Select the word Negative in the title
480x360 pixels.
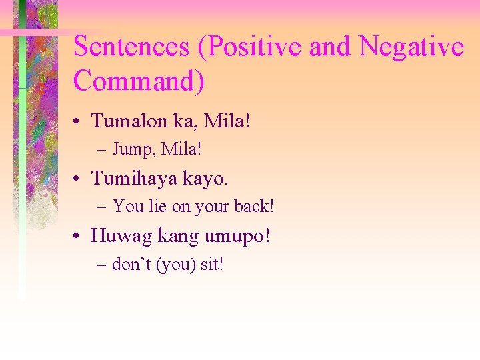click(x=411, y=47)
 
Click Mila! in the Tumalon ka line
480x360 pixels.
click(x=226, y=121)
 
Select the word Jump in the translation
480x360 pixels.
click(x=129, y=149)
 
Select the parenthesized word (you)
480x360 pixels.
click(x=175, y=265)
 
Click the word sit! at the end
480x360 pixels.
click(x=212, y=265)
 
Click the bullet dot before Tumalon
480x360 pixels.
click(x=79, y=122)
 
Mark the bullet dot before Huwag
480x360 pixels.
click(x=79, y=237)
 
